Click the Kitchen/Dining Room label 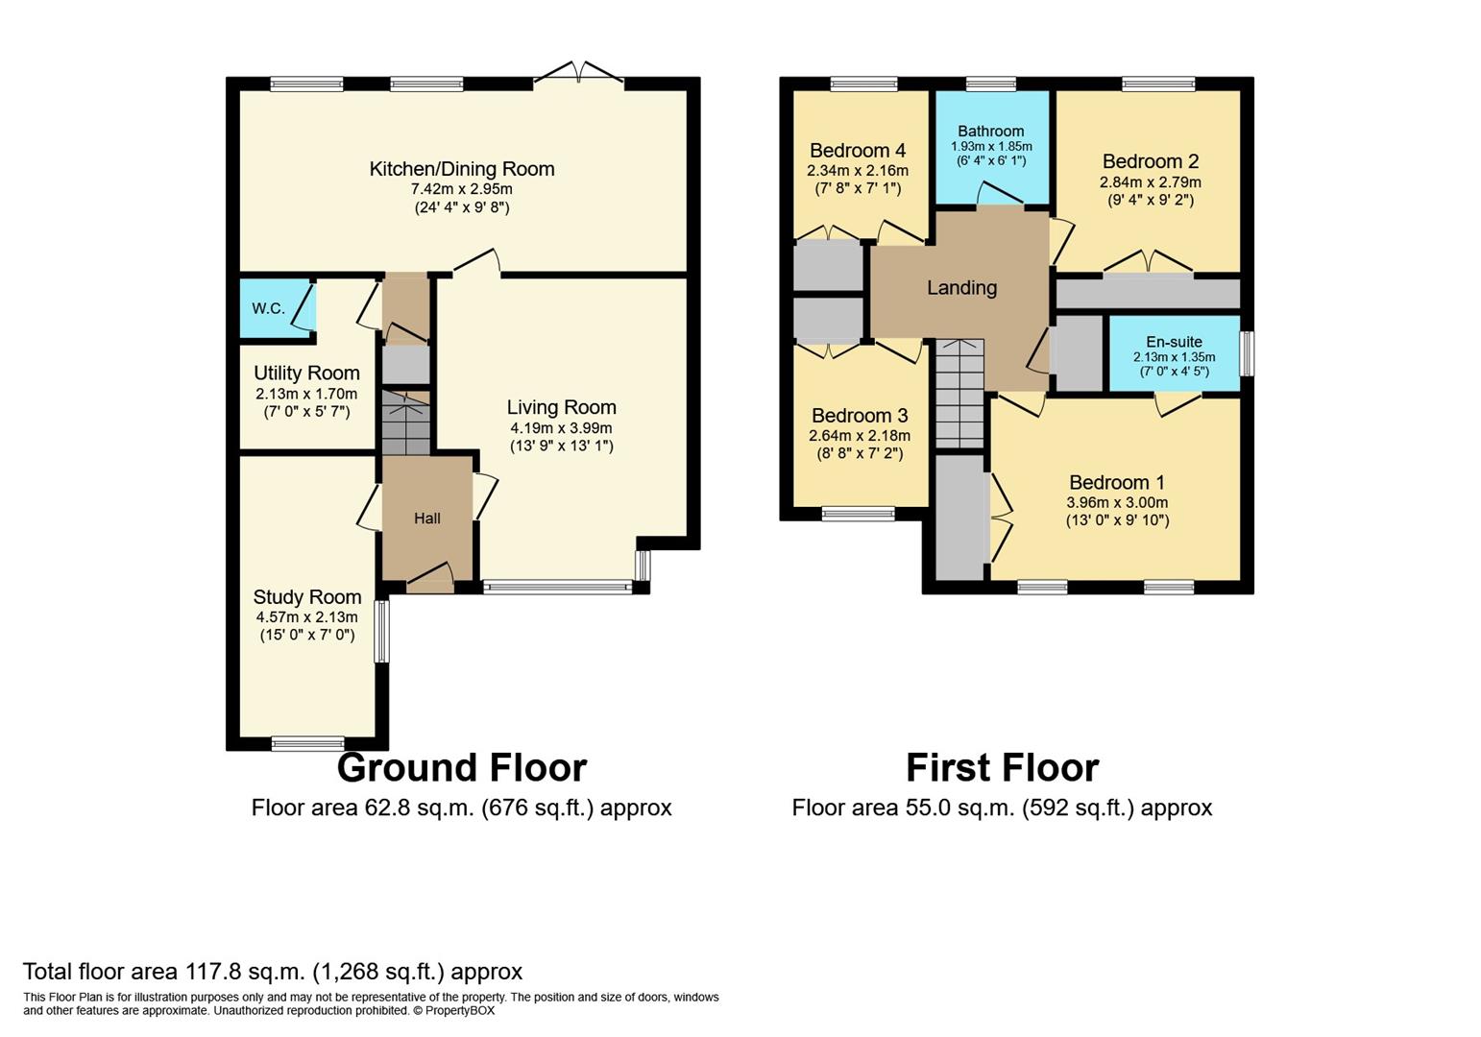pyautogui.click(x=461, y=169)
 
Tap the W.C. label pyautogui.click(x=268, y=308)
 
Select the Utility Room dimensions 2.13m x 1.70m pyautogui.click(x=306, y=394)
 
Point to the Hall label pyautogui.click(x=427, y=518)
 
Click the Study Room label pyautogui.click(x=307, y=597)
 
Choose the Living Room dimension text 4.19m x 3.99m pyautogui.click(x=561, y=427)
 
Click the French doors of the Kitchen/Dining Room pyautogui.click(x=578, y=73)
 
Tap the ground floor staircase pyautogui.click(x=406, y=422)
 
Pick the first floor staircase pyautogui.click(x=960, y=394)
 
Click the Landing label pyautogui.click(x=962, y=287)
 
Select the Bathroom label pyautogui.click(x=991, y=131)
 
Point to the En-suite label pyautogui.click(x=1175, y=342)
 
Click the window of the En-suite pyautogui.click(x=1247, y=353)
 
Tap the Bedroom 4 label pyautogui.click(x=858, y=151)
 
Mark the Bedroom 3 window pyautogui.click(x=859, y=514)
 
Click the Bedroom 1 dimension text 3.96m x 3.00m pyautogui.click(x=1117, y=502)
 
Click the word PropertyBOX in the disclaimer pyautogui.click(x=459, y=1010)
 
